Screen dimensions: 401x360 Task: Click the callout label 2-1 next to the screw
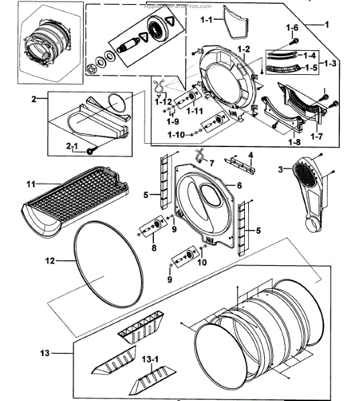tap(72, 145)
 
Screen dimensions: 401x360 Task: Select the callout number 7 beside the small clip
tap(211, 162)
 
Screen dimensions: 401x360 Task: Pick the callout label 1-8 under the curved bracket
tap(295, 142)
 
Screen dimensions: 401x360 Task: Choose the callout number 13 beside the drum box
tap(46, 352)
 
